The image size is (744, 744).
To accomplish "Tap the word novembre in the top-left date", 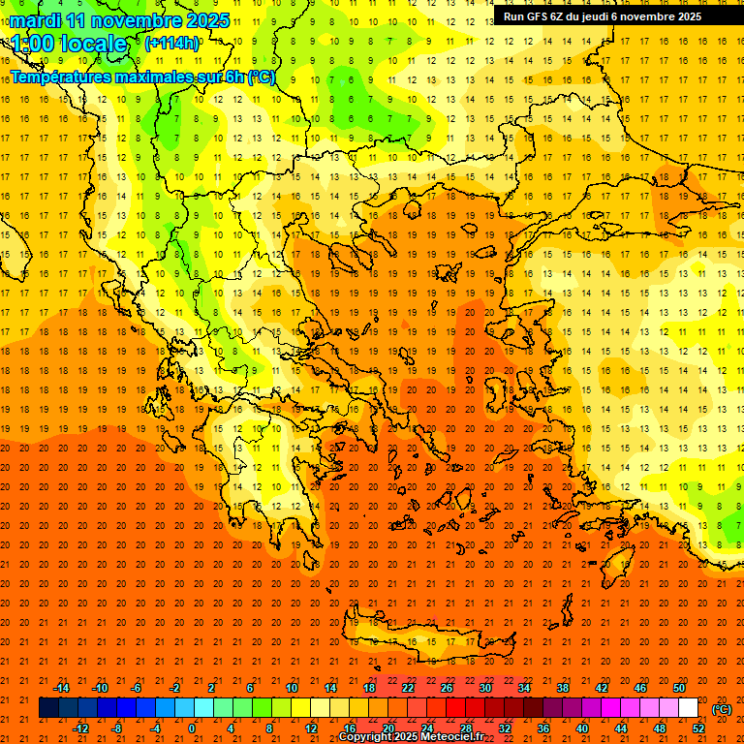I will point(137,20).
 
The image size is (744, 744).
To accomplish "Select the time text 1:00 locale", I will point(69,44).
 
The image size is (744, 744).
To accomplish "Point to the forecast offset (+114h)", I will point(173,44).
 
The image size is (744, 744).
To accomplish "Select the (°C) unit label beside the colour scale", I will point(722,709).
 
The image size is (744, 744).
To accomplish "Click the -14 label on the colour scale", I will point(61,688).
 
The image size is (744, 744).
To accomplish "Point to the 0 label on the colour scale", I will point(192,728).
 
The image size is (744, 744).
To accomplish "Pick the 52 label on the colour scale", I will point(698,728).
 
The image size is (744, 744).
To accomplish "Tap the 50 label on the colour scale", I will point(678,688).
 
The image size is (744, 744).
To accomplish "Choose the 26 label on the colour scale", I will point(447,688).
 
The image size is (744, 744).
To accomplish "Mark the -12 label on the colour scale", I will point(80,728).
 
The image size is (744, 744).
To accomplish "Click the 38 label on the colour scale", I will point(562,688).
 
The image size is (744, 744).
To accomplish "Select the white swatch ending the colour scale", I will point(688,708).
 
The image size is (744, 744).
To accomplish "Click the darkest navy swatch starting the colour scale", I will point(48,708).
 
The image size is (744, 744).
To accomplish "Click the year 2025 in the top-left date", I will point(208,20).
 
